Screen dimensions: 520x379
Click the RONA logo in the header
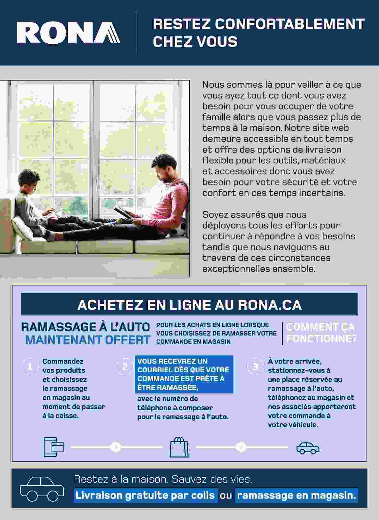click(x=68, y=33)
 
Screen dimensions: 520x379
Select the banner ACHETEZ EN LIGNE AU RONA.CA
click(x=189, y=305)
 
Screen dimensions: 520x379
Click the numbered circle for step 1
click(x=30, y=367)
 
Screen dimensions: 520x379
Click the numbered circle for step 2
click(x=125, y=367)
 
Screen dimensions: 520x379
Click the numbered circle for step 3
click(x=256, y=367)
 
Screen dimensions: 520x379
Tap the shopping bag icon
click(x=179, y=447)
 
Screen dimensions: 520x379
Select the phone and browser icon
click(x=54, y=447)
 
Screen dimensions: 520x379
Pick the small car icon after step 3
click(x=308, y=448)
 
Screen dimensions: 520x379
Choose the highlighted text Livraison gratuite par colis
click(x=145, y=496)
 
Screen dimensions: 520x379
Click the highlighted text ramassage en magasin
click(x=296, y=496)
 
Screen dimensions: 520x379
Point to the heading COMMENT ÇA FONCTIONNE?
click(x=321, y=333)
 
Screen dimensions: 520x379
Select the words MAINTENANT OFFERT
click(x=88, y=340)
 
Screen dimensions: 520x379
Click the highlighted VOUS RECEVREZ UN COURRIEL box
click(x=184, y=374)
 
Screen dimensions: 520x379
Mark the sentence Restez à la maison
click(x=122, y=479)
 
